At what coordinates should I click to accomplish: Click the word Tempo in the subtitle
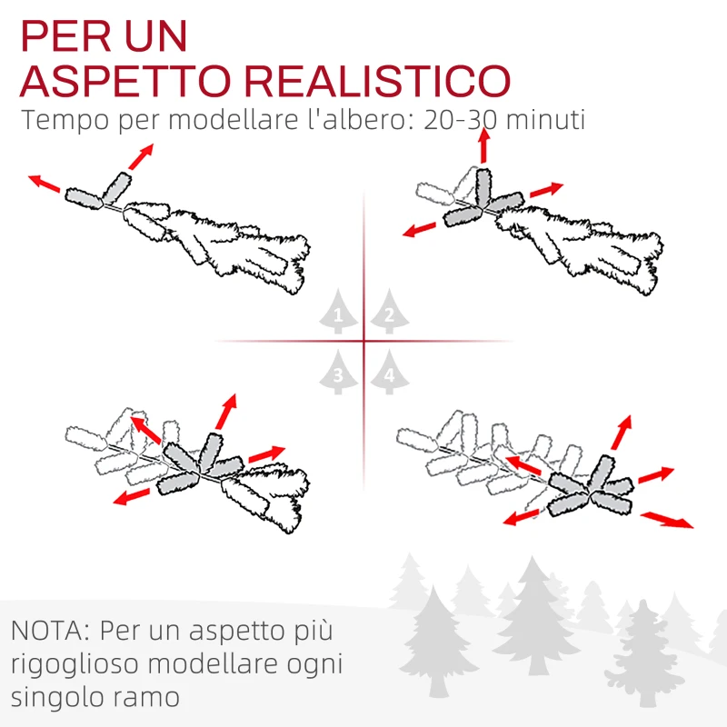point(65,121)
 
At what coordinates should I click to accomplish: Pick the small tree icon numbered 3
point(339,373)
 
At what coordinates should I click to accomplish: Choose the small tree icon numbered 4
point(389,373)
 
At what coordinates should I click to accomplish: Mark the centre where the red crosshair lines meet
point(364,342)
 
